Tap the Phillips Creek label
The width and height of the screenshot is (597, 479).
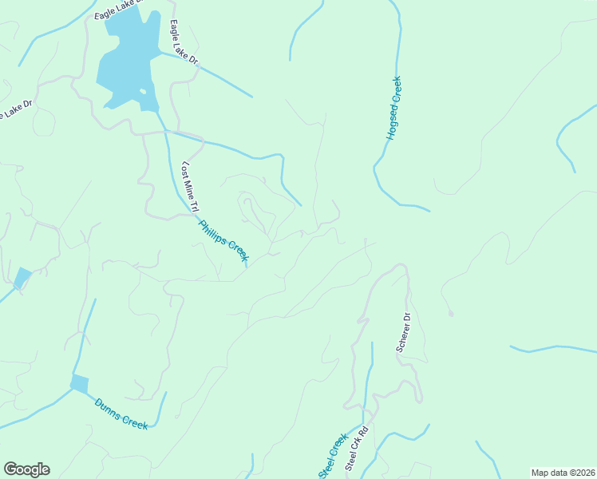pos(224,240)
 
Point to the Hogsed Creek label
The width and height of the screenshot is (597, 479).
pos(393,108)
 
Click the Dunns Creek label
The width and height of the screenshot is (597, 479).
pos(121,414)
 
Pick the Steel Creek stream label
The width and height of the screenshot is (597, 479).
pos(333,457)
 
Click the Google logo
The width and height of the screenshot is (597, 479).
pos(26,469)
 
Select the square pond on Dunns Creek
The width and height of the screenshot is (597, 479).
pos(79,384)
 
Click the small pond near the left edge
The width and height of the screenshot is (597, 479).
pos(22,278)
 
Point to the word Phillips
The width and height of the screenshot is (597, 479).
pos(214,231)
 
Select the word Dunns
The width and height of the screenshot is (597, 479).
pos(108,408)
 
